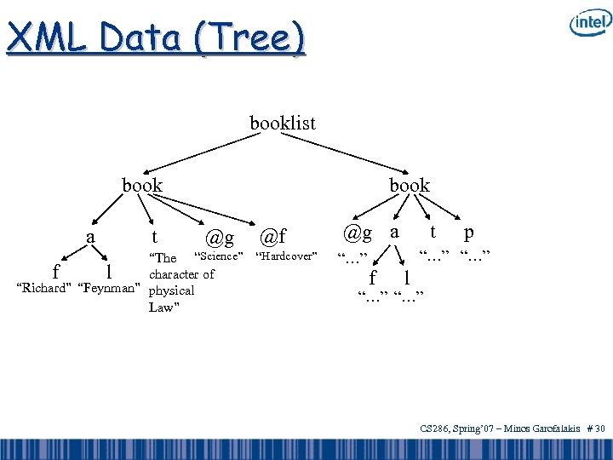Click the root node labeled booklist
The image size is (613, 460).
pyautogui.click(x=282, y=124)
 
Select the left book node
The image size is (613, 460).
pyautogui.click(x=142, y=185)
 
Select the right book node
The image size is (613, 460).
pyautogui.click(x=410, y=185)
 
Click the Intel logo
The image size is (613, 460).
pyautogui.click(x=588, y=23)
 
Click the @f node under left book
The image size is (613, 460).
pyautogui.click(x=272, y=235)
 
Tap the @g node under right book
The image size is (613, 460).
pyautogui.click(x=358, y=232)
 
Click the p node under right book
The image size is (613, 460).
pyautogui.click(x=469, y=233)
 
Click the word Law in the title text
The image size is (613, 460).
pyautogui.click(x=161, y=308)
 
